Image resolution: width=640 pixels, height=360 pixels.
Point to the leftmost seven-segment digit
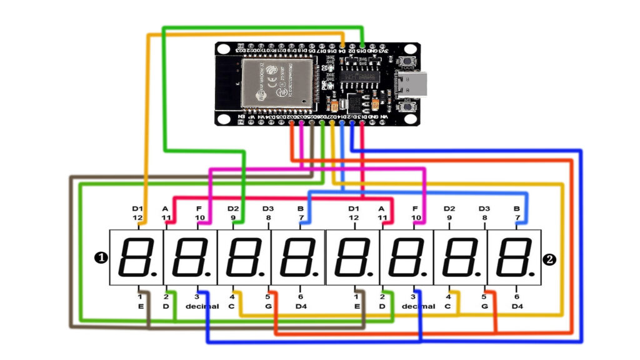tap(136, 257)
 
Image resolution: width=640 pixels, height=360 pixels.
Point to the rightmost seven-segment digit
tap(514, 257)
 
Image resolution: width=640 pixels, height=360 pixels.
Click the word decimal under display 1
tap(202, 306)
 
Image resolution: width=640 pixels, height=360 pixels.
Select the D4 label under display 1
tap(301, 306)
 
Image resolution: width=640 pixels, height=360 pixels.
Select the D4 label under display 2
tap(516, 306)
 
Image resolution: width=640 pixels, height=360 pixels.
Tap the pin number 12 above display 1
tap(137, 217)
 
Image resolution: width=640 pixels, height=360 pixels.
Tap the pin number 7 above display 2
tap(517, 217)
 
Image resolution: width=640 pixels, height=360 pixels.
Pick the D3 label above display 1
tap(268, 208)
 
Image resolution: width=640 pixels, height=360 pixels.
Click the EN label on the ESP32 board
tap(239, 117)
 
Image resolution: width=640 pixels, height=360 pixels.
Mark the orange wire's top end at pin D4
tap(343, 45)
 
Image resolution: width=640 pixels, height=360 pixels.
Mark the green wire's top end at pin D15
tap(363, 45)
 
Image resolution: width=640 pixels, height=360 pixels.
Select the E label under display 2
tap(356, 306)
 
